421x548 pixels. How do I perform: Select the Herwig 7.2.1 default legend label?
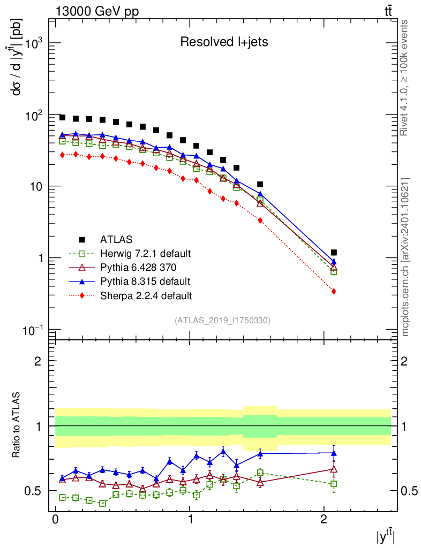tap(145, 253)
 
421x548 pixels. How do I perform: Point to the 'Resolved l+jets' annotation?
tap(224, 42)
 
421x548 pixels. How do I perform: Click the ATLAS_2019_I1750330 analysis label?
tap(222, 320)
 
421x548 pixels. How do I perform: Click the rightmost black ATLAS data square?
tap(334, 252)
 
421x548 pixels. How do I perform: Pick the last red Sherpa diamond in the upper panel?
tap(334, 291)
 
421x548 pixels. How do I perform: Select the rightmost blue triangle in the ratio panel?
tap(334, 453)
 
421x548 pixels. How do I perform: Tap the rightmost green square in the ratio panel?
tap(334, 484)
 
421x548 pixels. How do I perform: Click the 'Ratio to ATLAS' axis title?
tap(17, 425)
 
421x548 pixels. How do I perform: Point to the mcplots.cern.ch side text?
tap(405, 257)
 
